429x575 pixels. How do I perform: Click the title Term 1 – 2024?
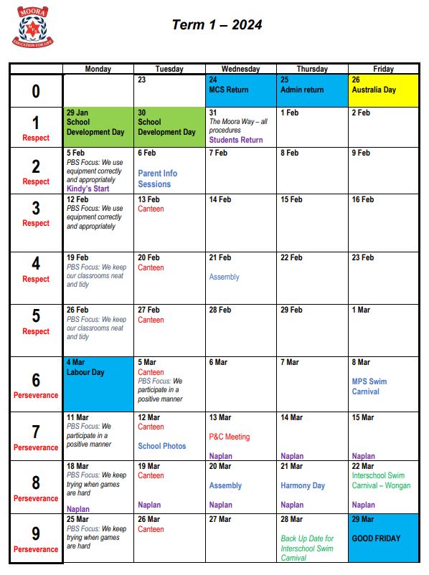[x=217, y=25]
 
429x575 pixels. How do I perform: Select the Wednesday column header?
[x=240, y=69]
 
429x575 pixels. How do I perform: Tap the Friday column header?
[x=383, y=69]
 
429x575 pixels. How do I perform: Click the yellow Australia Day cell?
[x=382, y=90]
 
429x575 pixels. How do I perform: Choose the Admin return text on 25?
[x=302, y=90]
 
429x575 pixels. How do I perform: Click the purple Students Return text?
[x=235, y=140]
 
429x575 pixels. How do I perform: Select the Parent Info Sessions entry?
[x=157, y=179]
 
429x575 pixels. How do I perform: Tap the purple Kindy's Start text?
[x=88, y=189]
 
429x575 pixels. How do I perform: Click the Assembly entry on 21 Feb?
[x=224, y=277]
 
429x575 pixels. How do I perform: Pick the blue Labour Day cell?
[x=98, y=383]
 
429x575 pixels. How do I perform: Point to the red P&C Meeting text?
[x=230, y=436]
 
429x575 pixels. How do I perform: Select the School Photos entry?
[x=161, y=446]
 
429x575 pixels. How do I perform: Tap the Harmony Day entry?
[x=302, y=485]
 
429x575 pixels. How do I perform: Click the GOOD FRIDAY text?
[x=376, y=538]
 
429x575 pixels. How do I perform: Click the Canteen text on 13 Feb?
[x=151, y=209]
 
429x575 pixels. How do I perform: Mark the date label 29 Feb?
[x=291, y=310]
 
